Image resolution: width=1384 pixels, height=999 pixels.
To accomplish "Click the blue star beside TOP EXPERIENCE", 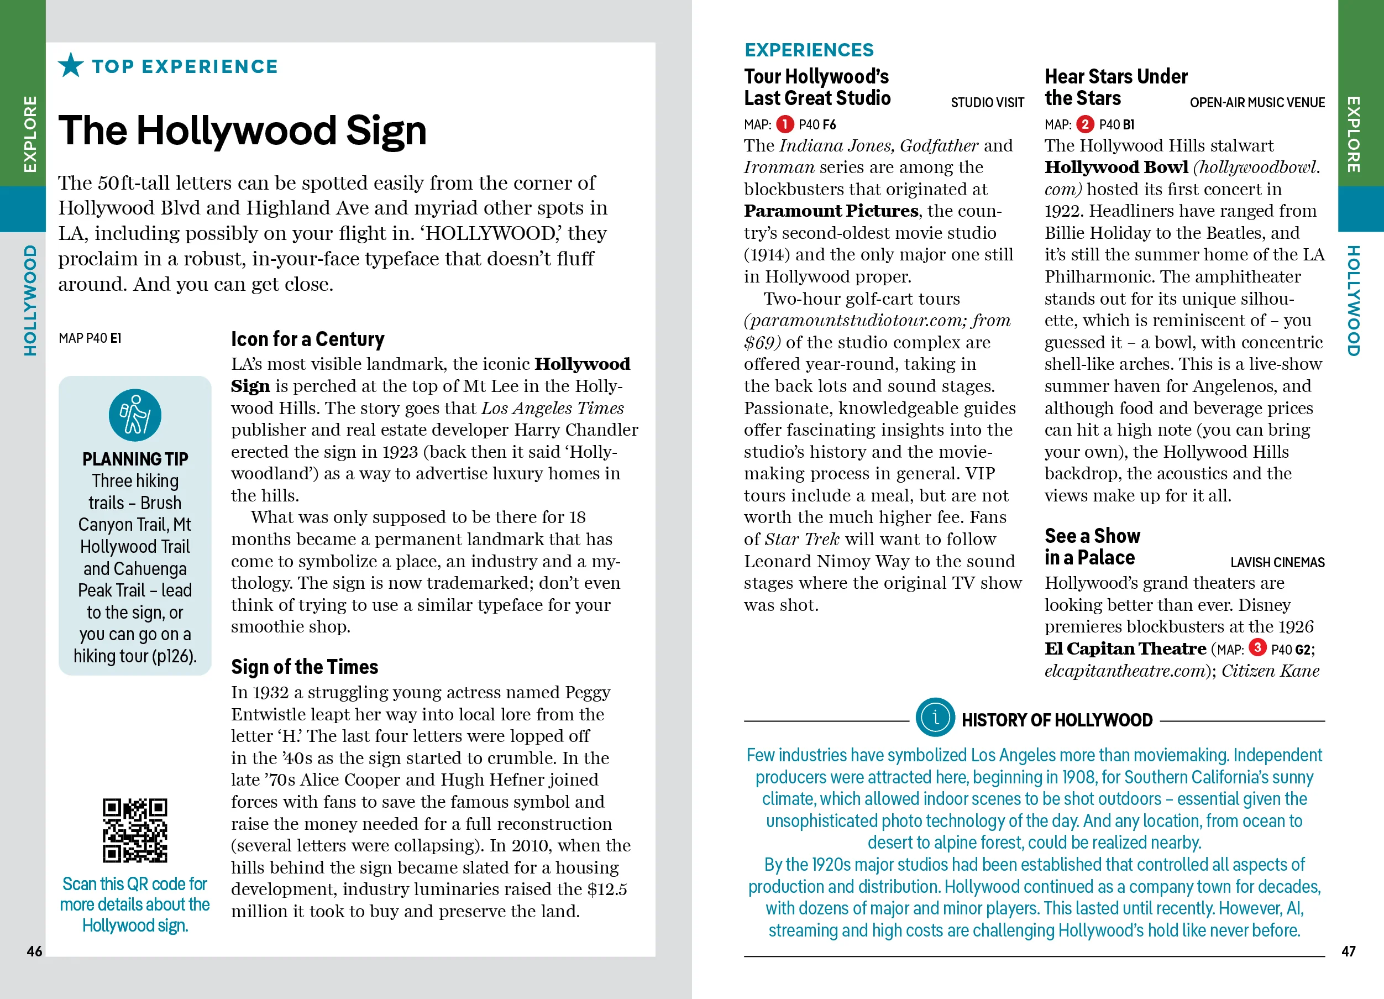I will (71, 65).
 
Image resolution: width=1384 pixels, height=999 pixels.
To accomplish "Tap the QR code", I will (135, 830).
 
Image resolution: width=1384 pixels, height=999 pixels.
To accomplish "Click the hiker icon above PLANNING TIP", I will (135, 415).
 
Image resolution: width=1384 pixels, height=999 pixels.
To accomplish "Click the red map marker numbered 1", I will (785, 124).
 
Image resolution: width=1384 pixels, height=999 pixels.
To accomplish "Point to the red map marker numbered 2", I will (1085, 124).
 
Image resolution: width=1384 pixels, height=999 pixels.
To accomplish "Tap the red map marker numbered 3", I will (1257, 647).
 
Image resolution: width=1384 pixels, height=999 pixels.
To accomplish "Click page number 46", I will (34, 951).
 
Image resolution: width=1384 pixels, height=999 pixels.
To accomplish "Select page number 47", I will (1348, 951).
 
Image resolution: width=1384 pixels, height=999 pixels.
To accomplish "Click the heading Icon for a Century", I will (307, 339).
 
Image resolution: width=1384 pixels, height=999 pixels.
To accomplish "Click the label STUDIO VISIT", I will (987, 102).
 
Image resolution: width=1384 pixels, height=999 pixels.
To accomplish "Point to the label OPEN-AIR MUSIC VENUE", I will (1256, 102).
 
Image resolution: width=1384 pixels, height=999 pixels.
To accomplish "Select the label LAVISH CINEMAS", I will (1277, 562).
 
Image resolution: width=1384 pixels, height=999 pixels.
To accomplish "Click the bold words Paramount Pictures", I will (831, 211).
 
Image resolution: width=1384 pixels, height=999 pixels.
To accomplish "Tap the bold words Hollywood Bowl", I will (1116, 167).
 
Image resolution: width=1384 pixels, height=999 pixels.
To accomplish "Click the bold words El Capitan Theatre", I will (1125, 648).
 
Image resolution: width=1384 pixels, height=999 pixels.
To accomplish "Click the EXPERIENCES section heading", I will (809, 49).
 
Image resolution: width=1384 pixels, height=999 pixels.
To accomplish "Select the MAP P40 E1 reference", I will (90, 338).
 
